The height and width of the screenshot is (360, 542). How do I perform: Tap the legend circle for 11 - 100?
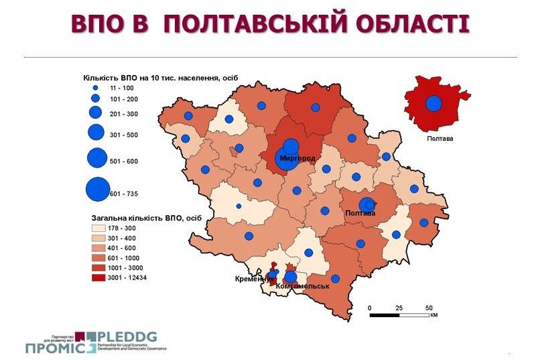click(x=95, y=88)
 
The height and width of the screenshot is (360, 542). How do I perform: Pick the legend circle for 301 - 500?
click(x=95, y=132)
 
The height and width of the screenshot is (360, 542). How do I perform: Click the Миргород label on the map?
click(x=297, y=158)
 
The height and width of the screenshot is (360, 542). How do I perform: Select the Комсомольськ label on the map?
click(x=303, y=286)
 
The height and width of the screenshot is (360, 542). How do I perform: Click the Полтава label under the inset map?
click(x=439, y=139)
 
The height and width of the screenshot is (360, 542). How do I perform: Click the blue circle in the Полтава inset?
click(x=433, y=104)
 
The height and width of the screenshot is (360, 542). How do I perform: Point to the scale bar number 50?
click(x=429, y=308)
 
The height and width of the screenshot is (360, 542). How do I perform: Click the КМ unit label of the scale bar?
click(x=433, y=315)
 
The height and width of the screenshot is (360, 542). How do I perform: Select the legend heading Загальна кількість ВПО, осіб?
click(x=146, y=218)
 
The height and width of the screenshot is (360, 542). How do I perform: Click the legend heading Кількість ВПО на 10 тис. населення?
click(x=160, y=77)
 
